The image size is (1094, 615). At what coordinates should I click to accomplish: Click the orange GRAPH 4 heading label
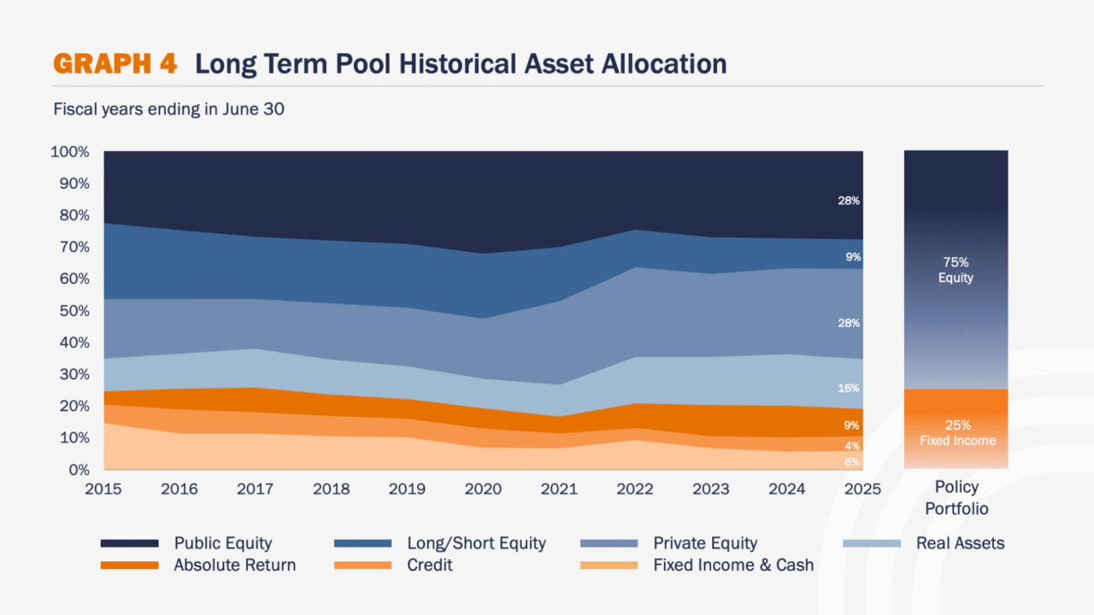click(115, 64)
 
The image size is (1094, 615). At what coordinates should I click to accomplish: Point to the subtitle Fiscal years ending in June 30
click(168, 109)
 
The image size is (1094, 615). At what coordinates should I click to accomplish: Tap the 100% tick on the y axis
click(70, 152)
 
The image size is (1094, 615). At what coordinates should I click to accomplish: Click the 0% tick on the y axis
click(78, 470)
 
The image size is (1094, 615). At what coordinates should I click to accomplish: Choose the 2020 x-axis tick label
click(483, 489)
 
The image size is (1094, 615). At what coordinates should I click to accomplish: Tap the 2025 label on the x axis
click(862, 489)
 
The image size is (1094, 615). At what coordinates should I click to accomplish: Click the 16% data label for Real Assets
click(849, 389)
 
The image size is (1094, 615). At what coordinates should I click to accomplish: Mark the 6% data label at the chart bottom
click(852, 462)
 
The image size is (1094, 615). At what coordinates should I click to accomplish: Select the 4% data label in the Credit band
click(852, 446)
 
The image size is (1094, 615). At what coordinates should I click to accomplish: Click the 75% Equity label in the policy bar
click(956, 270)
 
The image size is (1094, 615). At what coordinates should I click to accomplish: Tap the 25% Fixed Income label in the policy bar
click(956, 432)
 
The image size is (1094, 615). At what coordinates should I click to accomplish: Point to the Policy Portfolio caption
click(956, 498)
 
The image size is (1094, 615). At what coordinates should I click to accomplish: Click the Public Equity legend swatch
click(129, 543)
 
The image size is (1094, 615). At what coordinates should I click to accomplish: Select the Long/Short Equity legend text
click(476, 543)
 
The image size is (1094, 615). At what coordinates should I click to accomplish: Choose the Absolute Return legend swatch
click(129, 565)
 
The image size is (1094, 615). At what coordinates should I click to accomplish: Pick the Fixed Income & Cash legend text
click(733, 565)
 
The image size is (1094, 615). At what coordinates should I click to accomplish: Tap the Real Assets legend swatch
click(872, 543)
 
